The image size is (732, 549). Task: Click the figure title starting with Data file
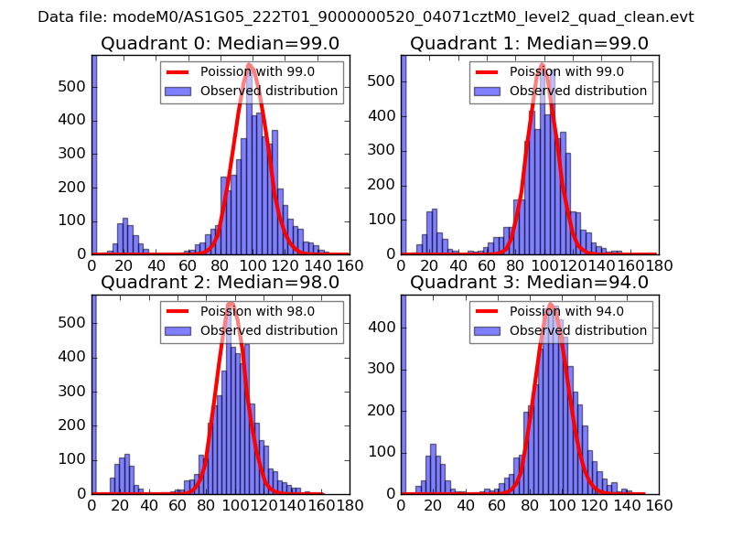(366, 17)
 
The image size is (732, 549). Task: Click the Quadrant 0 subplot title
(220, 44)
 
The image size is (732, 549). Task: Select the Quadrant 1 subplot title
(529, 44)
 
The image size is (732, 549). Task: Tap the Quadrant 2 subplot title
(220, 283)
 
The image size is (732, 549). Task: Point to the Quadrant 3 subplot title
(529, 283)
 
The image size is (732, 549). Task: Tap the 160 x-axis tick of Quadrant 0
(349, 265)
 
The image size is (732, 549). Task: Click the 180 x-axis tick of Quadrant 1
(658, 265)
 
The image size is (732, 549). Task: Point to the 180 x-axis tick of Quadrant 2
(349, 504)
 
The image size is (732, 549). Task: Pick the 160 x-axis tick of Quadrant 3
(658, 504)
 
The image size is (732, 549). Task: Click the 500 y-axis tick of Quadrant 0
(75, 86)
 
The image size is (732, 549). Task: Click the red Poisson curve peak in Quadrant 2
(231, 304)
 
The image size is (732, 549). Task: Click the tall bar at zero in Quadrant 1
(404, 156)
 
